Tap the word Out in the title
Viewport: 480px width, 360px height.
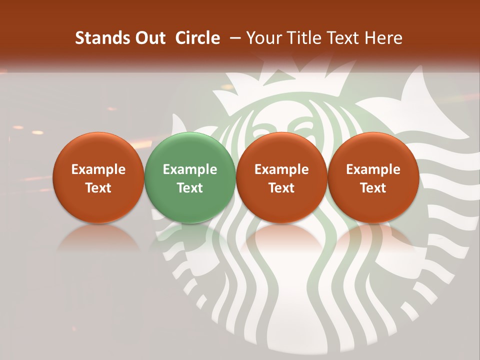click(x=149, y=38)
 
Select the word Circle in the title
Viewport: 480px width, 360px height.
click(x=197, y=38)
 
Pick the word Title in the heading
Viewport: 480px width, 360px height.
click(x=301, y=38)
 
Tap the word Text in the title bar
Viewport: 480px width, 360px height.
click(x=341, y=38)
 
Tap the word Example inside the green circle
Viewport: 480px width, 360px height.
click(x=189, y=169)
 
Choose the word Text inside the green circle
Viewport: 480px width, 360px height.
click(x=189, y=188)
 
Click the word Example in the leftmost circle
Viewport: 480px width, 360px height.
click(x=98, y=169)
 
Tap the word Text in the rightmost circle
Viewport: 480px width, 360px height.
click(x=373, y=188)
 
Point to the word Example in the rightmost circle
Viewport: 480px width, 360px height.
click(x=373, y=169)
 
